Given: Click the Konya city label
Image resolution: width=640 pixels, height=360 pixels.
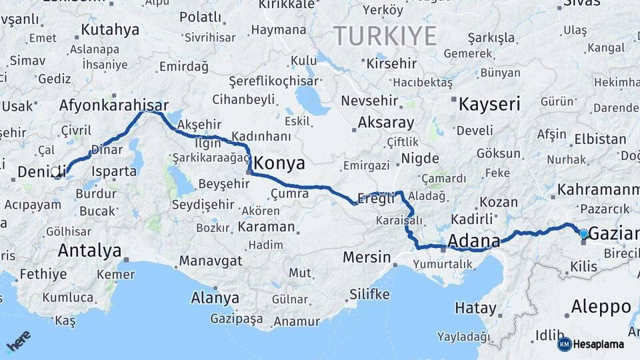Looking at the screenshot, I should point(280,163).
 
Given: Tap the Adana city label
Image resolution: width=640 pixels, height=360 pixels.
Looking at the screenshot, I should point(474,241).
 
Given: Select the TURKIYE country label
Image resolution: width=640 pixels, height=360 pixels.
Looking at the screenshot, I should point(385,35).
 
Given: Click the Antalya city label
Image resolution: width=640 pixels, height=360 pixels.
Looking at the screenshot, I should point(90,251).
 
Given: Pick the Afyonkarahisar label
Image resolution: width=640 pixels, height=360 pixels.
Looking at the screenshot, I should point(113,105).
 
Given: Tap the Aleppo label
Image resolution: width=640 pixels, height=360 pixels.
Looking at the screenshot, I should point(601,307).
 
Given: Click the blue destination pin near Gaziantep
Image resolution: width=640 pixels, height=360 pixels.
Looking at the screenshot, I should point(584,233).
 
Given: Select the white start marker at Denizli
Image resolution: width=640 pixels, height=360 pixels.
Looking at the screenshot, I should point(55,171).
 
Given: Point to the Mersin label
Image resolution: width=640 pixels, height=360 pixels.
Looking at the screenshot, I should point(366,257).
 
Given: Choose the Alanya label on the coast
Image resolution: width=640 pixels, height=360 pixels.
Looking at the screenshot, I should point(215,297).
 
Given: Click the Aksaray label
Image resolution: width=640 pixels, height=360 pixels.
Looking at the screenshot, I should point(385,123).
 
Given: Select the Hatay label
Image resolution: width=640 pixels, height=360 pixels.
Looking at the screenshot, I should point(475,308).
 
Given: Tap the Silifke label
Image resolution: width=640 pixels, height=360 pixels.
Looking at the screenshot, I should point(369,294).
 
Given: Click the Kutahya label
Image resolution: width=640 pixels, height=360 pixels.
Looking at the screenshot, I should point(110,30).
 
